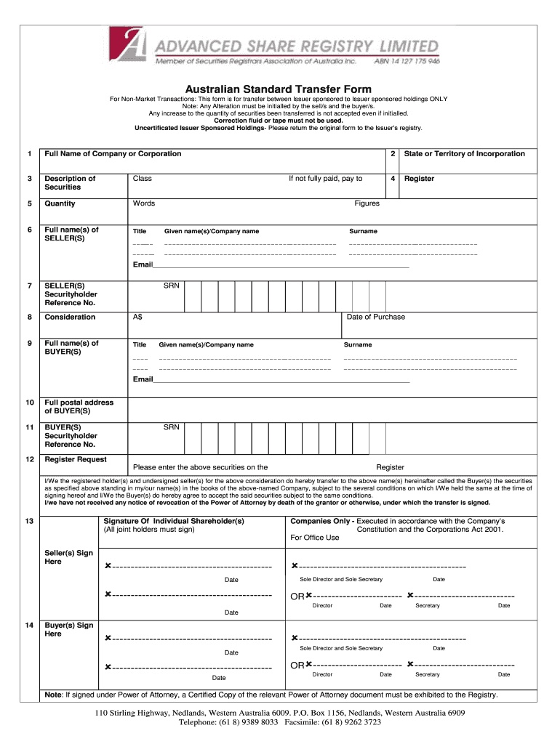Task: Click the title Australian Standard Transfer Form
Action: (x=279, y=89)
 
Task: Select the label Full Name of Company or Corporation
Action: (x=113, y=154)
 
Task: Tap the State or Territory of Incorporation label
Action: (x=464, y=154)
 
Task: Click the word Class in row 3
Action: (x=142, y=179)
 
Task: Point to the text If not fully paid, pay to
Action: (x=325, y=179)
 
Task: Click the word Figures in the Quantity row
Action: (x=367, y=203)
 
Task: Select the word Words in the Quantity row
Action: (x=143, y=203)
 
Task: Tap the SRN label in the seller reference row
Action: (x=171, y=286)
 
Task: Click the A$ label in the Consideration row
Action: (x=137, y=318)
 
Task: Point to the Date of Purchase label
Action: (x=375, y=318)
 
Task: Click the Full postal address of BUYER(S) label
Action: (x=79, y=407)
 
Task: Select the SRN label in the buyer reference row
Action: (x=171, y=428)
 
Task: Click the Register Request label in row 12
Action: (x=76, y=460)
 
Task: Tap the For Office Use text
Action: (x=315, y=538)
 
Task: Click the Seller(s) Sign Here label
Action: (x=69, y=557)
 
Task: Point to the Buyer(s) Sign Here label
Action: (x=69, y=629)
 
